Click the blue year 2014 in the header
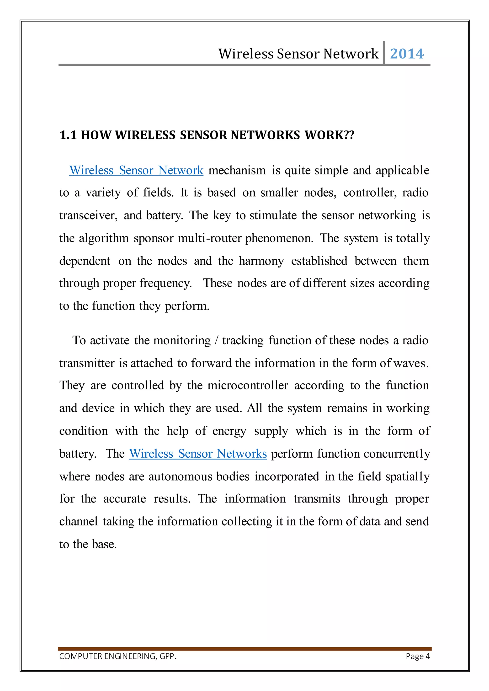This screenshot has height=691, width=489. pos(407,54)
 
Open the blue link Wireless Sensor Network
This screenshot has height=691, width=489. pos(136,170)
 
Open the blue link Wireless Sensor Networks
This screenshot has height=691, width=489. pos(198,454)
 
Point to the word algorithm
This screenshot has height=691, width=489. pos(104,238)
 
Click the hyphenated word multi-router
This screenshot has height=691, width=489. pos(210,238)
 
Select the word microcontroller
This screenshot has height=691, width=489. pos(248,386)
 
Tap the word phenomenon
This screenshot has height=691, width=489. pos(279,238)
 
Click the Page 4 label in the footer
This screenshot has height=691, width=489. pos(417,656)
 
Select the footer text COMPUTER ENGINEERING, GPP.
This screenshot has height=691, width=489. pos(118,656)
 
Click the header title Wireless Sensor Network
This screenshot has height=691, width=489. pos(298,54)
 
